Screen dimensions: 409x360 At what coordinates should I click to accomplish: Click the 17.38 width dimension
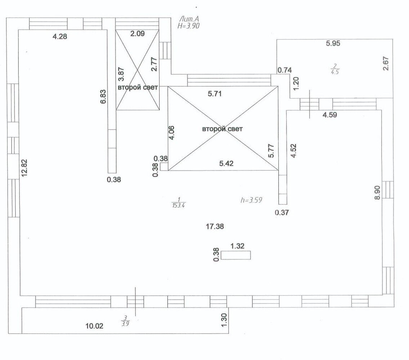click(215, 226)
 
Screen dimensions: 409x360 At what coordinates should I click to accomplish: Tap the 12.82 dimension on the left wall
click(24, 168)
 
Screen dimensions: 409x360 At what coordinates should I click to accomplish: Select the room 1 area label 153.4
click(179, 205)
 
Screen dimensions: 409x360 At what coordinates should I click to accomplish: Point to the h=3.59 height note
click(251, 200)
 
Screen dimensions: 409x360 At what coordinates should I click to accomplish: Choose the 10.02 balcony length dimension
click(94, 326)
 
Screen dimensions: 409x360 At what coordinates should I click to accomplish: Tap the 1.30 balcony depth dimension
click(224, 320)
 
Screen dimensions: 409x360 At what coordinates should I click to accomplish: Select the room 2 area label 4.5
click(335, 72)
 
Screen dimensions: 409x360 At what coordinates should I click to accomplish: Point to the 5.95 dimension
click(333, 43)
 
